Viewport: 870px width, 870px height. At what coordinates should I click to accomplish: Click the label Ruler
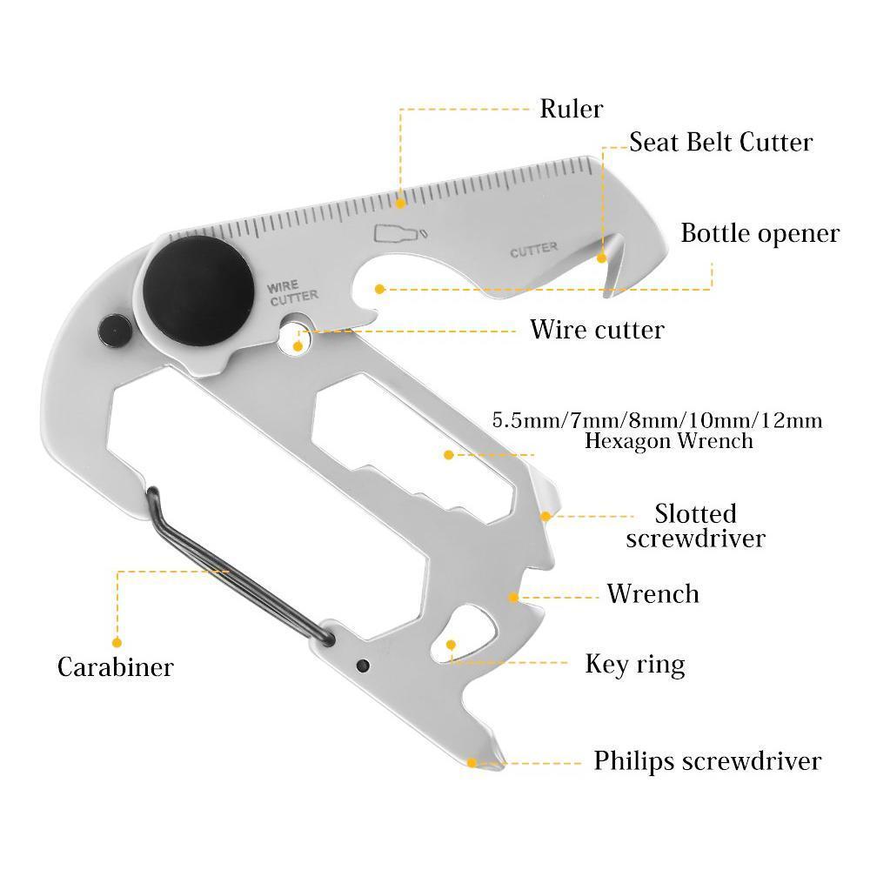coord(571,109)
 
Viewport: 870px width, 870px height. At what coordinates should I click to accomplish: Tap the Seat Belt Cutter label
coord(720,142)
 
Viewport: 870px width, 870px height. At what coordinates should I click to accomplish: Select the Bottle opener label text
coord(760,233)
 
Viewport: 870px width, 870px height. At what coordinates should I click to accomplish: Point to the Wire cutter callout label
coord(597,330)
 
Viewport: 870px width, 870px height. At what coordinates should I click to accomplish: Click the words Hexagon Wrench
coord(668,441)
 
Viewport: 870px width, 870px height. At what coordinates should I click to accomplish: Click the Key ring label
coord(635,665)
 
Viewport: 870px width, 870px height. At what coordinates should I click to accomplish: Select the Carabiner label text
coord(116,667)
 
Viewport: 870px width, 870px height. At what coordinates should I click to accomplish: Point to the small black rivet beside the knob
coord(114,329)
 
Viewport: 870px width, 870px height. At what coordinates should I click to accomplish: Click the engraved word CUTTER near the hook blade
coord(533,250)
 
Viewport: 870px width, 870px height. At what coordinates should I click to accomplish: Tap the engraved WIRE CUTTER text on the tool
coord(293,292)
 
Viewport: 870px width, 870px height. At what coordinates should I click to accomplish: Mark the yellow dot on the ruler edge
coord(401,204)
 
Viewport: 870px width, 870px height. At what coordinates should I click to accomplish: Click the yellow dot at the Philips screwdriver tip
coord(472,763)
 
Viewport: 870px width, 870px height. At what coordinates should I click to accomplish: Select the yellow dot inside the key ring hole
coord(451,645)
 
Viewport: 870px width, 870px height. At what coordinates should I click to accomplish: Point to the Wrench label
coord(652,594)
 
